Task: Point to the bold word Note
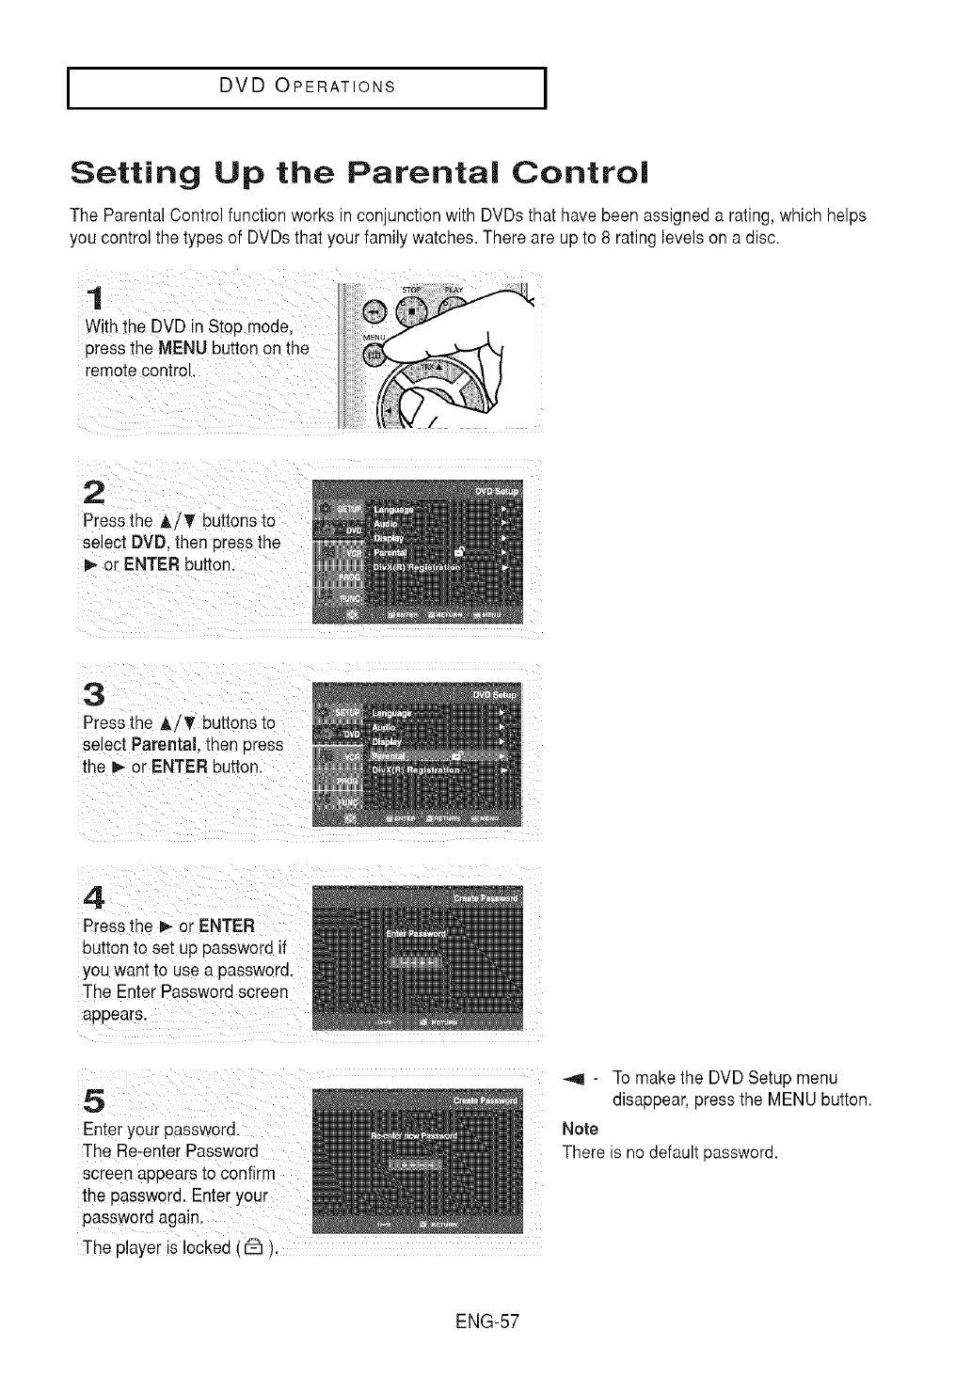coord(580,1129)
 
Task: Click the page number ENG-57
coord(486,1322)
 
